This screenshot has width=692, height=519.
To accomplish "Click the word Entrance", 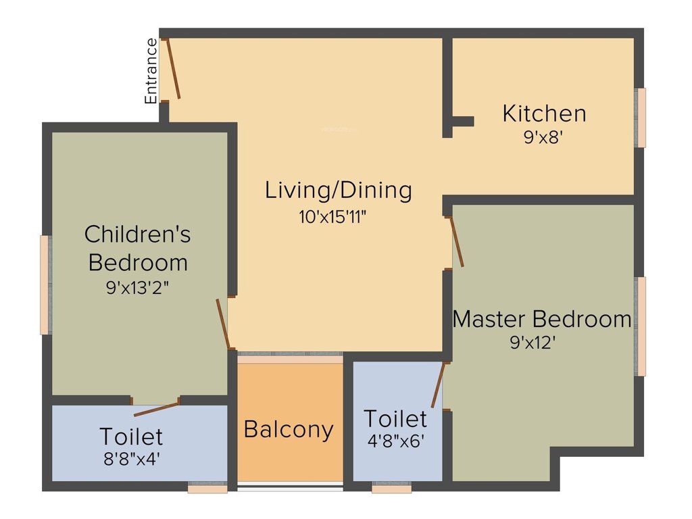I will pyautogui.click(x=151, y=71).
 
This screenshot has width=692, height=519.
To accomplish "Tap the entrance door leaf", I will pyautogui.click(x=174, y=69).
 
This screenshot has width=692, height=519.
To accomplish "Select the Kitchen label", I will pyautogui.click(x=544, y=114).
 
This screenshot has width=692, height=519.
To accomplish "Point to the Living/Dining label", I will pyautogui.click(x=338, y=191).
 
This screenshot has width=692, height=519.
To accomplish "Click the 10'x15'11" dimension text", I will pyautogui.click(x=337, y=217).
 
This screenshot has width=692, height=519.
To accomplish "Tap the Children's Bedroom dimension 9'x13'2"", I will pyautogui.click(x=137, y=287).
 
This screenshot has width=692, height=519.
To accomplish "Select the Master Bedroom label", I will pyautogui.click(x=542, y=319).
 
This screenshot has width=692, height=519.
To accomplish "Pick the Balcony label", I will pyautogui.click(x=289, y=430).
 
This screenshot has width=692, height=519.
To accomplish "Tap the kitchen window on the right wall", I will pyautogui.click(x=640, y=118).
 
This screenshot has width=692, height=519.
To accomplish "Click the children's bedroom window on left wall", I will pyautogui.click(x=45, y=285).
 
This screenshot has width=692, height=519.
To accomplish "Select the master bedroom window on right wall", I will pyautogui.click(x=640, y=326).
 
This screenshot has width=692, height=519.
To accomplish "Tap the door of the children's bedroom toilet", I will pyautogui.click(x=157, y=408).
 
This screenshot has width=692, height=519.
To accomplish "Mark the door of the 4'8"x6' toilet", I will pyautogui.click(x=438, y=385).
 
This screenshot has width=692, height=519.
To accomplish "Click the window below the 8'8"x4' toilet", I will pyautogui.click(x=207, y=487).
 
